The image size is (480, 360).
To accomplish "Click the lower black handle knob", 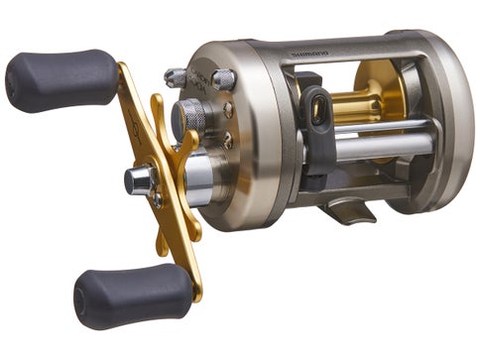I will tap(130, 295).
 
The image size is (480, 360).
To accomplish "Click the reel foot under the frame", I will tap(346, 208).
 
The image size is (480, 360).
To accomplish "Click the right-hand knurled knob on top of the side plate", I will tap(223, 78).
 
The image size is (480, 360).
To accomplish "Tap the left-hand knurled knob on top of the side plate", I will tap(176, 77).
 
